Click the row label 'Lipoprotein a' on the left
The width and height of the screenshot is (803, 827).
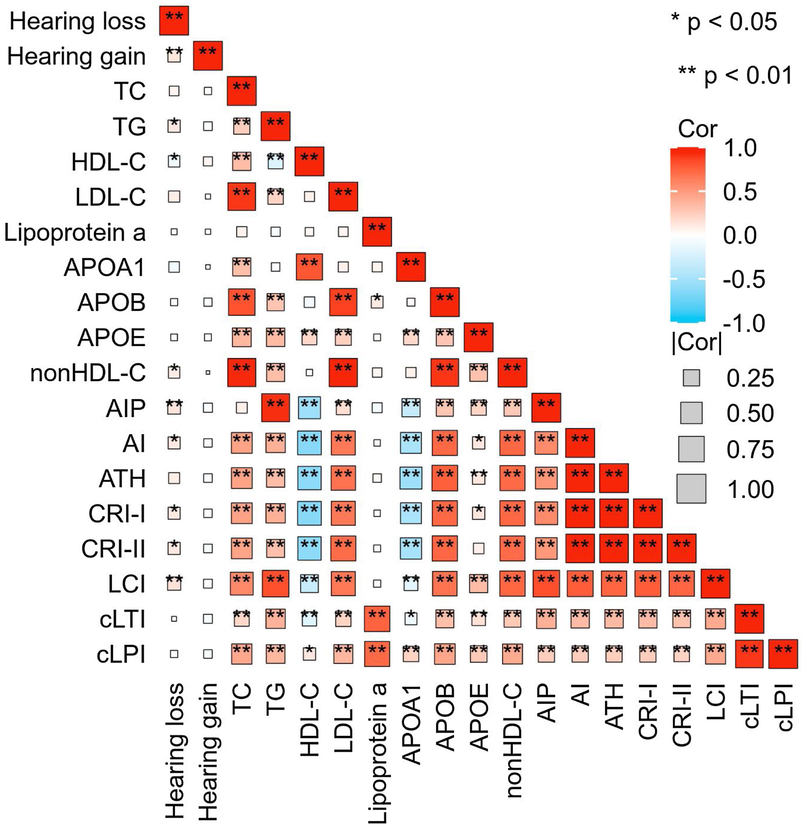[75, 232]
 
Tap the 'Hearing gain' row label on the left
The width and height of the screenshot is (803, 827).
[76, 56]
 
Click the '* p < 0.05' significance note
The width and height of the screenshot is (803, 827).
[724, 22]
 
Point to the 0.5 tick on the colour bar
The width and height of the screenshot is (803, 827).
[740, 192]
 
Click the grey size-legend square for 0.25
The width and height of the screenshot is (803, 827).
[691, 378]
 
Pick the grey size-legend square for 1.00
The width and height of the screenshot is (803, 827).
[691, 488]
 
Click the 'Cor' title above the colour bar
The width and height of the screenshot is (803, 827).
[697, 129]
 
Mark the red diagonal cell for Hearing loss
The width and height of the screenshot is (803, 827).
[174, 20]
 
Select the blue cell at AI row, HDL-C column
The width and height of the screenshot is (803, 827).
[309, 443]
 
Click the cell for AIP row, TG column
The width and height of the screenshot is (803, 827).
[275, 408]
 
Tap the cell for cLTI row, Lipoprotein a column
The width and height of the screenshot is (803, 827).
[377, 619]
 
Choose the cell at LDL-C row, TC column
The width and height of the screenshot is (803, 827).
[242, 197]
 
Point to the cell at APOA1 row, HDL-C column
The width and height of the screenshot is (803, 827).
[309, 267]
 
